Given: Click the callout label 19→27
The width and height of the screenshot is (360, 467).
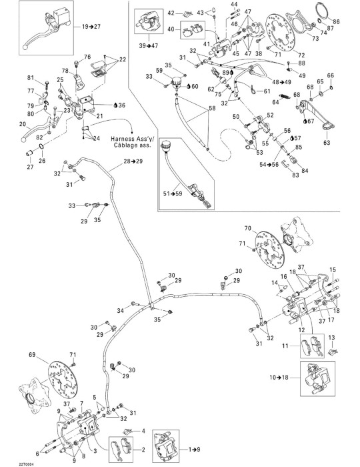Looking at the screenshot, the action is point(91,27).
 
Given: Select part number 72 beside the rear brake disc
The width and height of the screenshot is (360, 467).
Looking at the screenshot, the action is point(301,55).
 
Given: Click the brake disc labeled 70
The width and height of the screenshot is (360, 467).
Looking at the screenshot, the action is point(269,250).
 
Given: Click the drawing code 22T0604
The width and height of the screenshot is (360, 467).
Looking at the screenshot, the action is point(26,464).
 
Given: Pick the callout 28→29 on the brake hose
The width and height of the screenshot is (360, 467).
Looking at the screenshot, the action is point(133,161).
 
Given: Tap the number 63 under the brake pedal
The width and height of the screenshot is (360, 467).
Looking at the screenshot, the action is point(327,143).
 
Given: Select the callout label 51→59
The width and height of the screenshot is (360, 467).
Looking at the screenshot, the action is point(173,193).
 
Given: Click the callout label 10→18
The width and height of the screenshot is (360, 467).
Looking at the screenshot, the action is point(279,378).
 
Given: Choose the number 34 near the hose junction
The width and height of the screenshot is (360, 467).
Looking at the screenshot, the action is point(120,311).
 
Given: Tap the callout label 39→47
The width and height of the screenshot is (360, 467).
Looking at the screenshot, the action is point(149,45).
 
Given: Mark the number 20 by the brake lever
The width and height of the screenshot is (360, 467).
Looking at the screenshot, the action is point(23,124).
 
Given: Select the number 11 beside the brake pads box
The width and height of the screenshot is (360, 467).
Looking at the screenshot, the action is point(285,346).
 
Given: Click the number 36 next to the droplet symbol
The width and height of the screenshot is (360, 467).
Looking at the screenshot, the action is point(122,105).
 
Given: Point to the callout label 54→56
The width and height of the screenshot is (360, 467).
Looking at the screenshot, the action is point(269,164).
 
